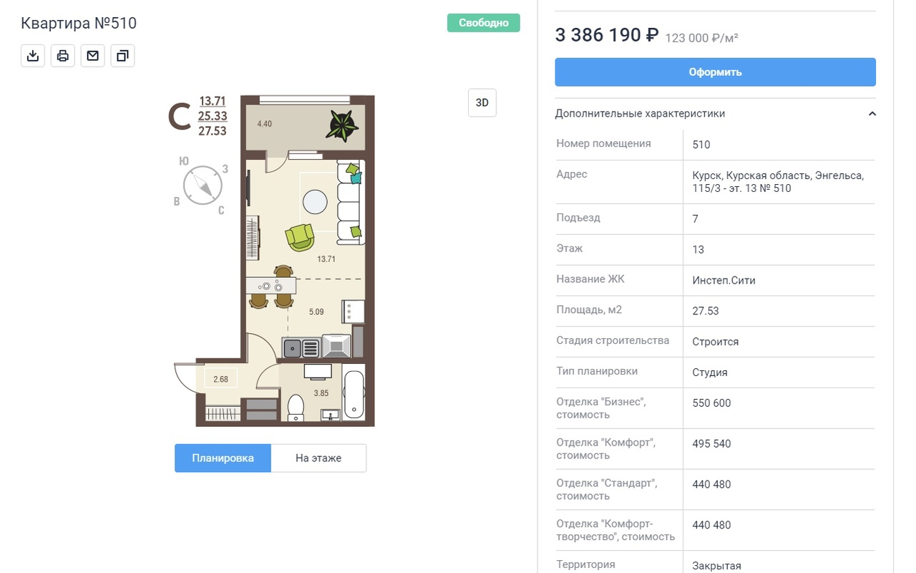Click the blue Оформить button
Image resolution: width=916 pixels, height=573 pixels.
coord(715,72)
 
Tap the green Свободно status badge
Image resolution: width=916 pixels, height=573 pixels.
coord(483,22)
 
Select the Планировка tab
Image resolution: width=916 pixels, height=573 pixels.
coord(223,458)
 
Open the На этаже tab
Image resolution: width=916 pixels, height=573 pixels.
coord(318,458)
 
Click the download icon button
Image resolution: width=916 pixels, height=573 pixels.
coord(33,56)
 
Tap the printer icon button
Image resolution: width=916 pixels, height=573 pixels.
coord(62,56)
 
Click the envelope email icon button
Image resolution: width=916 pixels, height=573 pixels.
coord(93,56)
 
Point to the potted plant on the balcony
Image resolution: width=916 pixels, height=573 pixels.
coord(342,125)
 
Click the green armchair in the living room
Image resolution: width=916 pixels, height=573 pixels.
coord(300,237)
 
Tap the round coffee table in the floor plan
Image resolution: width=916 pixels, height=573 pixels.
coord(315,202)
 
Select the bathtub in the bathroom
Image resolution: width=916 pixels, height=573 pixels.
coord(354,394)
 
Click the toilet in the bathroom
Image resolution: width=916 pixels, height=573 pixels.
coord(296,408)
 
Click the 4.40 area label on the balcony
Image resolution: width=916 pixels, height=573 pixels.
coord(264,124)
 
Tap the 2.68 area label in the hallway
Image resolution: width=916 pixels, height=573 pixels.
coord(221,380)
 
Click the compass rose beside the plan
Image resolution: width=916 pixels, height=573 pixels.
coord(203,186)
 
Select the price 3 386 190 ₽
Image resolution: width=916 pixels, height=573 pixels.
coord(606,35)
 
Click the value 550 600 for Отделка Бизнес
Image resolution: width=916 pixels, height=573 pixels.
coord(711,403)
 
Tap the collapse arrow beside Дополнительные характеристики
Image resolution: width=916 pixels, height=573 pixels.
coord(872,114)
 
